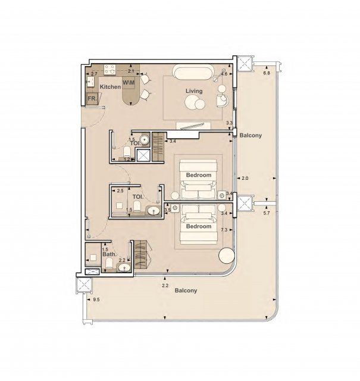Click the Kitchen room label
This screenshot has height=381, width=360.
[110, 87]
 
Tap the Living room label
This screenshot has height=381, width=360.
[194, 91]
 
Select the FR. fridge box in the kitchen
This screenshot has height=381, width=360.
[92, 99]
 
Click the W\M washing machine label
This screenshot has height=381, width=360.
[129, 83]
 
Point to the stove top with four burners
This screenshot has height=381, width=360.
[110, 69]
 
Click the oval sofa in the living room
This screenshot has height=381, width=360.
[193, 72]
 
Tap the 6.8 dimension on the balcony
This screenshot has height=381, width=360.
[267, 73]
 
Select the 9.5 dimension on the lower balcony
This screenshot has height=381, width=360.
[96, 299]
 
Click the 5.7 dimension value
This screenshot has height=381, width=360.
[267, 213]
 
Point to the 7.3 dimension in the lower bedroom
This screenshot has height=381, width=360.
[224, 230]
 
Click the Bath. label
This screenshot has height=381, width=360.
[109, 254]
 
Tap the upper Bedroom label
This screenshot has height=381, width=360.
[199, 175]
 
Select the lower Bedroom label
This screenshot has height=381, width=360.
[199, 226]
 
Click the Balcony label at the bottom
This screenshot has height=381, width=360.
[186, 291]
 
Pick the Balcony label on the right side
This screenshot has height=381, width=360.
[251, 135]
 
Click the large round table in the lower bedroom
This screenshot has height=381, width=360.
[227, 255]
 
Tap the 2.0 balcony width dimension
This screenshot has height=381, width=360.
[245, 178]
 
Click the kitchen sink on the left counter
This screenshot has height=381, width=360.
[90, 82]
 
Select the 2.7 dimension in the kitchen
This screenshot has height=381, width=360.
[94, 74]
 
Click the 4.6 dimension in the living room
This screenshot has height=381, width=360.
[224, 74]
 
